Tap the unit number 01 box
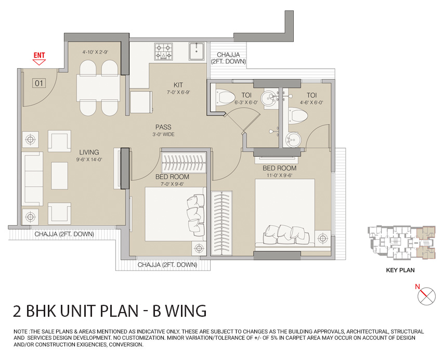[x=38, y=83]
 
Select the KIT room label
[x=178, y=85]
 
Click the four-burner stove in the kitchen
[x=164, y=51]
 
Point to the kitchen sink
[x=197, y=51]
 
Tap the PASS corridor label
[x=163, y=127]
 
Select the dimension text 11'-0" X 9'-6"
[x=279, y=175]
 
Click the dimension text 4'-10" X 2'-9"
[x=95, y=53]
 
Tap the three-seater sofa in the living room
[x=32, y=177]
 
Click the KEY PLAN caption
[x=400, y=270]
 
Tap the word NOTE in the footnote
[x=21, y=331]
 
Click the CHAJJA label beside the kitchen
[x=229, y=57]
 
